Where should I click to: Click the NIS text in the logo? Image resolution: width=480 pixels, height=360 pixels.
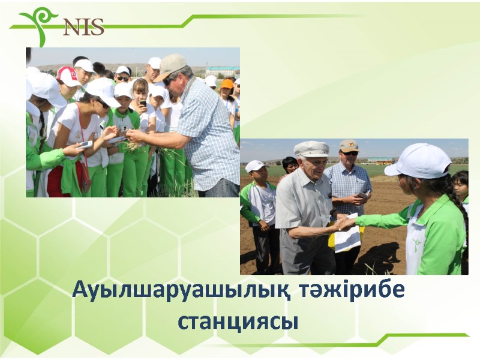pos(83,26)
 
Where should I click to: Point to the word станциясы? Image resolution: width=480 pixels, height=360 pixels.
pos(238,322)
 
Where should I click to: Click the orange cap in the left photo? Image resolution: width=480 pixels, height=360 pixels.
pos(227,83)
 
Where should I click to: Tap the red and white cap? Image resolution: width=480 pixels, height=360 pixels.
pos(67,76)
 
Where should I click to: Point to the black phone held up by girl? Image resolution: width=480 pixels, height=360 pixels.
pos(143,103)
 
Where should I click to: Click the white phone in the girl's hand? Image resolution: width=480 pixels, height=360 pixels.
pos(86,145)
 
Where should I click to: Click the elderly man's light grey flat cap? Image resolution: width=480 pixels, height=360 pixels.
pos(311,149)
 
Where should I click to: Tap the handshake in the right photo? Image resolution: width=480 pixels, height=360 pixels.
pos(343,223)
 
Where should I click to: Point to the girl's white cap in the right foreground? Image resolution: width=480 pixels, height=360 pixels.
pos(420,161)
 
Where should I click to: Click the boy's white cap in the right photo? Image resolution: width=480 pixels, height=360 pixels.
pos(256,166)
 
